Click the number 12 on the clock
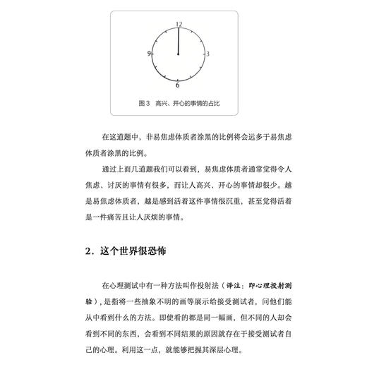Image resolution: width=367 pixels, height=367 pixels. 179,24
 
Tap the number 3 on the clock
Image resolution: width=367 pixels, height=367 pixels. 208,54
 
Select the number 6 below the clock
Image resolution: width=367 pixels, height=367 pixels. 178,85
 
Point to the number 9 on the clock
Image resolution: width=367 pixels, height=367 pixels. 150,54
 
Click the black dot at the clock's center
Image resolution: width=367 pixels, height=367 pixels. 179,54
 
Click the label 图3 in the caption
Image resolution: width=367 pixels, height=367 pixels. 145,102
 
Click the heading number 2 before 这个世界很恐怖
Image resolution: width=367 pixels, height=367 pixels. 88,251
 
